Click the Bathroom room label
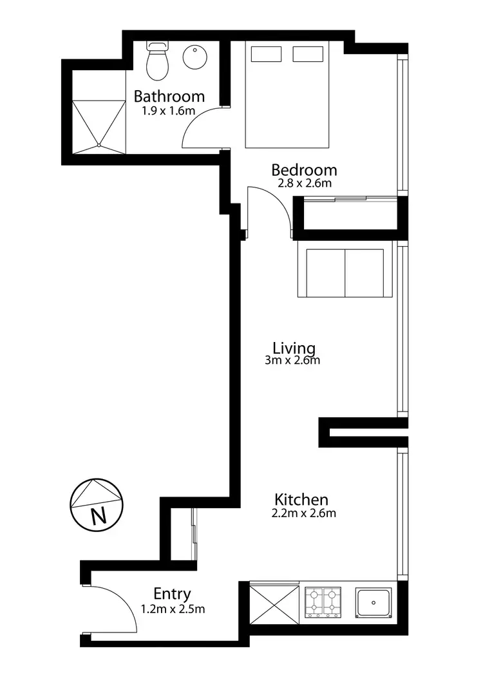point(169,97)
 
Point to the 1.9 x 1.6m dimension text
point(169,110)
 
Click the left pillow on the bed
point(265,54)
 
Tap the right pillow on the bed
point(307,54)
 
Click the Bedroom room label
point(304,170)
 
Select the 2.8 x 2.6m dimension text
point(304,183)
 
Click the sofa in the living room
point(345,270)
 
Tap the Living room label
point(294,348)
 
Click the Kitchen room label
point(301,499)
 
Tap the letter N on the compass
point(98,517)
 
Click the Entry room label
point(172,594)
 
